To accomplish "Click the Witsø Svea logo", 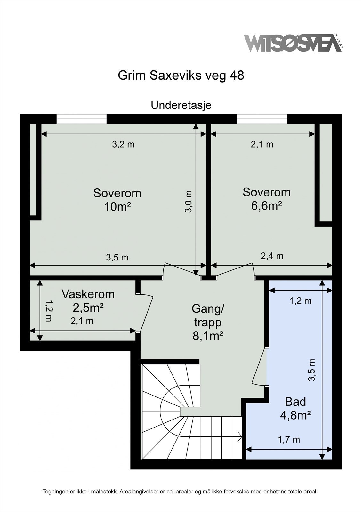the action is [294, 43].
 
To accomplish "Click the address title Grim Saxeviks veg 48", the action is [181, 76].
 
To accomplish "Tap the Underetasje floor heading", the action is [181, 105].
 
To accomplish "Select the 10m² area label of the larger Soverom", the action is [117, 207].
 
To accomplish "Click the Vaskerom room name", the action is [88, 294].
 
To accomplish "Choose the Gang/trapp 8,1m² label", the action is [208, 322].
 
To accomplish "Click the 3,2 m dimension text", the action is [123, 144].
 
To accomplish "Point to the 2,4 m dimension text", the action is [272, 256].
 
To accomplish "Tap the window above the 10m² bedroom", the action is [81, 119].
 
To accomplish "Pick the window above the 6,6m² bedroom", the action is [262, 119].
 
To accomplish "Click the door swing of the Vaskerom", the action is [146, 313].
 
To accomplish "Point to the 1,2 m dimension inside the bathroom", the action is [301, 301].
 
